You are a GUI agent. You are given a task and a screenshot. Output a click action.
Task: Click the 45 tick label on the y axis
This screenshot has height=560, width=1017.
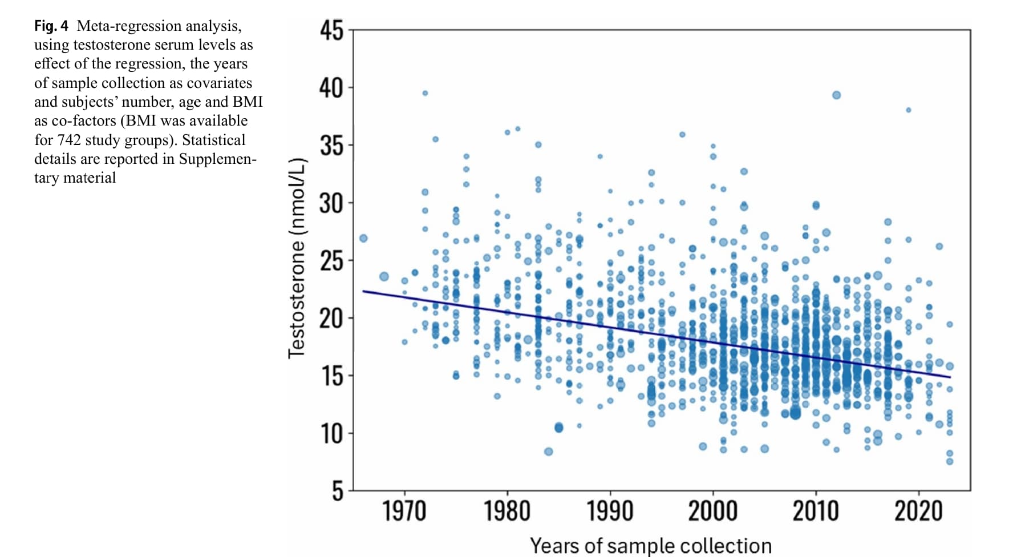point(332,30)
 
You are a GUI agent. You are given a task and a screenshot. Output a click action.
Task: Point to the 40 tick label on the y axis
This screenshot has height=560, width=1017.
point(332,88)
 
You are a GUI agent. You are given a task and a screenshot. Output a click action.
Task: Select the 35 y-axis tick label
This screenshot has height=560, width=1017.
point(332,146)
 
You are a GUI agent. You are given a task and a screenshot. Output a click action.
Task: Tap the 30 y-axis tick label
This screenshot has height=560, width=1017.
point(332,203)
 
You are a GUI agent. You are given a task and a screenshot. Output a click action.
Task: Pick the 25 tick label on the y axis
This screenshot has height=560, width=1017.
point(332,261)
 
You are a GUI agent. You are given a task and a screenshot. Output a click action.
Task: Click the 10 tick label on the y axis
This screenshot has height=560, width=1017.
point(332,434)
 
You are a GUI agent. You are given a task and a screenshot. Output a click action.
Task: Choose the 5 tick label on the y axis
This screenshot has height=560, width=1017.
point(338,491)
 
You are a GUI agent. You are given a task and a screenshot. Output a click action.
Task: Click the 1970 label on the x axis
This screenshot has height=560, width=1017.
point(404,511)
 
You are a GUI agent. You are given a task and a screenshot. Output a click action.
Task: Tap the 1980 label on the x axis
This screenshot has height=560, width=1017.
point(507,511)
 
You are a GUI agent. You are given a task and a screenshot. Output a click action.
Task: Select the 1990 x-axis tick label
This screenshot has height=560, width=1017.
point(610,511)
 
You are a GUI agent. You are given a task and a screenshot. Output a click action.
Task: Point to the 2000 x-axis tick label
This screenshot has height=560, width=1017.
point(713,511)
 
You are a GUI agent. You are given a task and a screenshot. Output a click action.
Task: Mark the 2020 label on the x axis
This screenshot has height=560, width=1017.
point(918,511)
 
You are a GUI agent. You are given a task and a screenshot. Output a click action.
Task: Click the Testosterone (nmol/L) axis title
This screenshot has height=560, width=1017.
point(297,258)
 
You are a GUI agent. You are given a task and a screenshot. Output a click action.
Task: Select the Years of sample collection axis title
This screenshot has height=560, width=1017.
point(651,546)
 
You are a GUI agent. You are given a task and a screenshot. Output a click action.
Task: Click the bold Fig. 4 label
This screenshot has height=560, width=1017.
point(51,26)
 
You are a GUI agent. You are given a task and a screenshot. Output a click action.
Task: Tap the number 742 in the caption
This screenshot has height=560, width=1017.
point(70,140)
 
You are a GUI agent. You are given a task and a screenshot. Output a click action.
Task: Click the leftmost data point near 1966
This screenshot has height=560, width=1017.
point(363,238)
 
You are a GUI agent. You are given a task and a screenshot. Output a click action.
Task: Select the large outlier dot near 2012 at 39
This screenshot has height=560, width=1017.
point(836,95)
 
